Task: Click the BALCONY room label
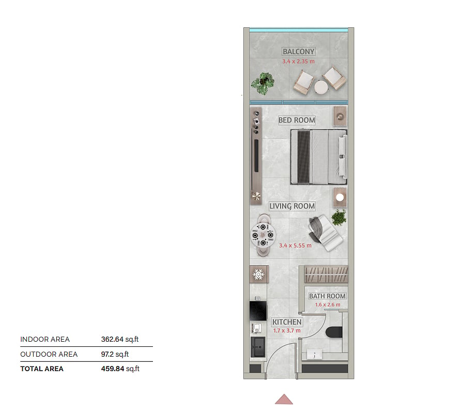pos(298,52)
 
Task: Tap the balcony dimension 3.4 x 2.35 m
pos(298,61)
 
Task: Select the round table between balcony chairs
pos(321,87)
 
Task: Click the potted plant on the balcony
pos(263,83)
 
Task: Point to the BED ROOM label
pos(297,120)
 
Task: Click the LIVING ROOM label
pos(292,206)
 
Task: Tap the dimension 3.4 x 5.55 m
pos(296,245)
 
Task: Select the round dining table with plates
pos(263,235)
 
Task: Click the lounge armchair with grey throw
pos(325,232)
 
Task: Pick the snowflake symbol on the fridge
pos(258,274)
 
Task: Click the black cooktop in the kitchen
pos(258,311)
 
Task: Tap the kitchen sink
pos(258,347)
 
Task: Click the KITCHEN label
pos(287,322)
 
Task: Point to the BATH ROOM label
pos(327,296)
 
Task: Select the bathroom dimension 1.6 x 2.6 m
pos(328,305)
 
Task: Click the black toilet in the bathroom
pos(334,332)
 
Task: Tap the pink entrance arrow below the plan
pos(284,399)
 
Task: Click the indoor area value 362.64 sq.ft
pos(120,339)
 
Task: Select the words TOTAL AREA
pos(42,369)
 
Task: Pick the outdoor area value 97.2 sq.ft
pos(115,354)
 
